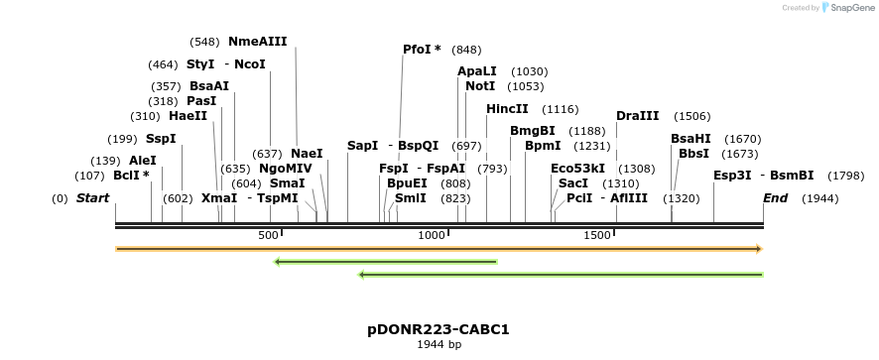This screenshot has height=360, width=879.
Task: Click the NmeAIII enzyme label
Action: (x=257, y=42)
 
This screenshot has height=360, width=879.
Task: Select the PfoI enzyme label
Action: (x=422, y=50)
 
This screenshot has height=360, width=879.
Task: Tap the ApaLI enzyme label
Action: (x=477, y=71)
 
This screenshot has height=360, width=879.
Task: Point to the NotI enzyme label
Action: (x=480, y=86)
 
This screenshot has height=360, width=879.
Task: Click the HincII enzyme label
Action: (x=507, y=109)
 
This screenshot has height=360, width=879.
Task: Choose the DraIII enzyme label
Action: (x=637, y=116)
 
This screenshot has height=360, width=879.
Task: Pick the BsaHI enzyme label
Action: (x=691, y=139)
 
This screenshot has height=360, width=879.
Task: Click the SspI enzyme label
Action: (x=160, y=139)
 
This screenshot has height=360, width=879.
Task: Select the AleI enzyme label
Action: (x=143, y=161)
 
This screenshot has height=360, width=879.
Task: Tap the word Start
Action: (x=92, y=198)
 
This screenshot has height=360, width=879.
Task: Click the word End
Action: (x=775, y=198)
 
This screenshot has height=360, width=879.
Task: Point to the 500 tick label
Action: (x=269, y=235)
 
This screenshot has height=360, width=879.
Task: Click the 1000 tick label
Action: (x=432, y=235)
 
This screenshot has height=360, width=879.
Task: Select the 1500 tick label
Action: (x=597, y=235)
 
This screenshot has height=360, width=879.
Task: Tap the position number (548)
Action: (x=204, y=42)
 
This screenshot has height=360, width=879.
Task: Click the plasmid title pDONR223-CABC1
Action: (x=439, y=329)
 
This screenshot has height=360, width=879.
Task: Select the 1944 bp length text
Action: (x=439, y=345)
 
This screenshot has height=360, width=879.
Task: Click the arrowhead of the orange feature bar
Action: (x=759, y=249)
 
